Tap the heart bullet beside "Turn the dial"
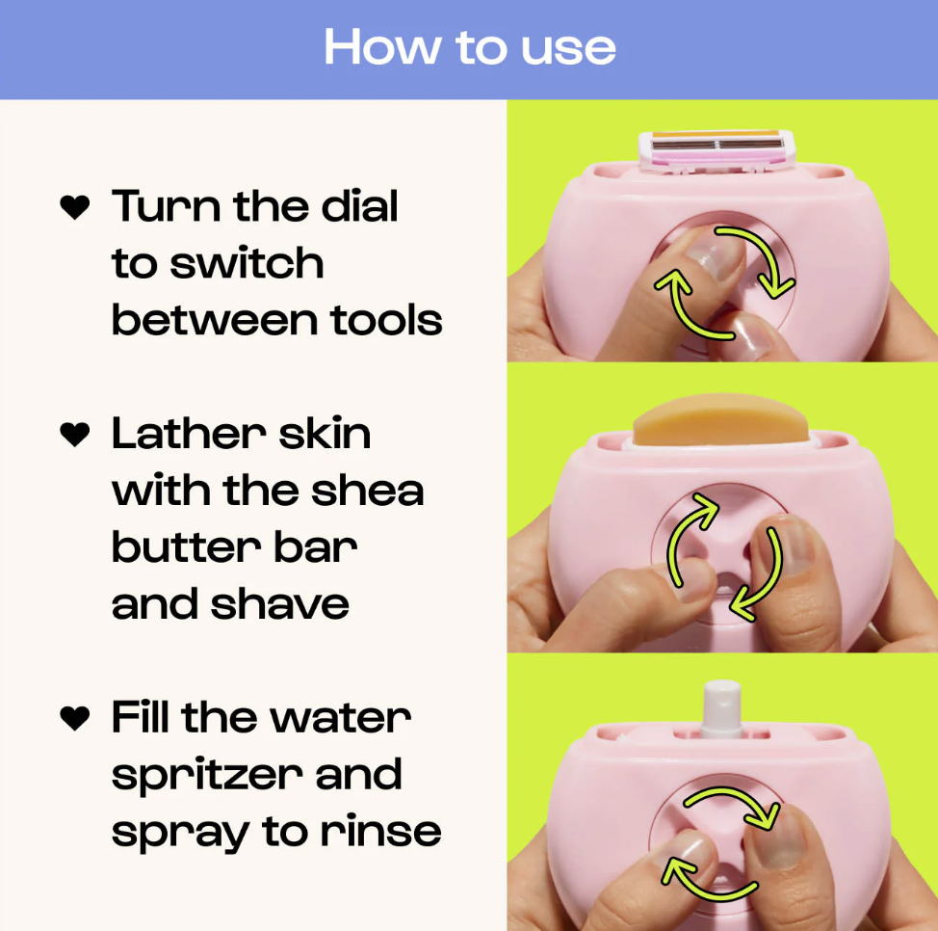[x=75, y=207]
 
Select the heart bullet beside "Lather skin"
[x=75, y=434]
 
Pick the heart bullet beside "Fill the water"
[x=75, y=718]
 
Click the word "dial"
[x=359, y=206]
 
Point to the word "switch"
[x=248, y=263]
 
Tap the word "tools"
[x=386, y=320]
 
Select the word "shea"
[x=367, y=491]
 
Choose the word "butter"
[x=187, y=547]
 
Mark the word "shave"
[x=280, y=604]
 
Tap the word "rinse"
[x=381, y=831]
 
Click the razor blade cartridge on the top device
[x=717, y=150]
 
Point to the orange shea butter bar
[x=721, y=419]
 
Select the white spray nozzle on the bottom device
[x=722, y=707]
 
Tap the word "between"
[x=215, y=320]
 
